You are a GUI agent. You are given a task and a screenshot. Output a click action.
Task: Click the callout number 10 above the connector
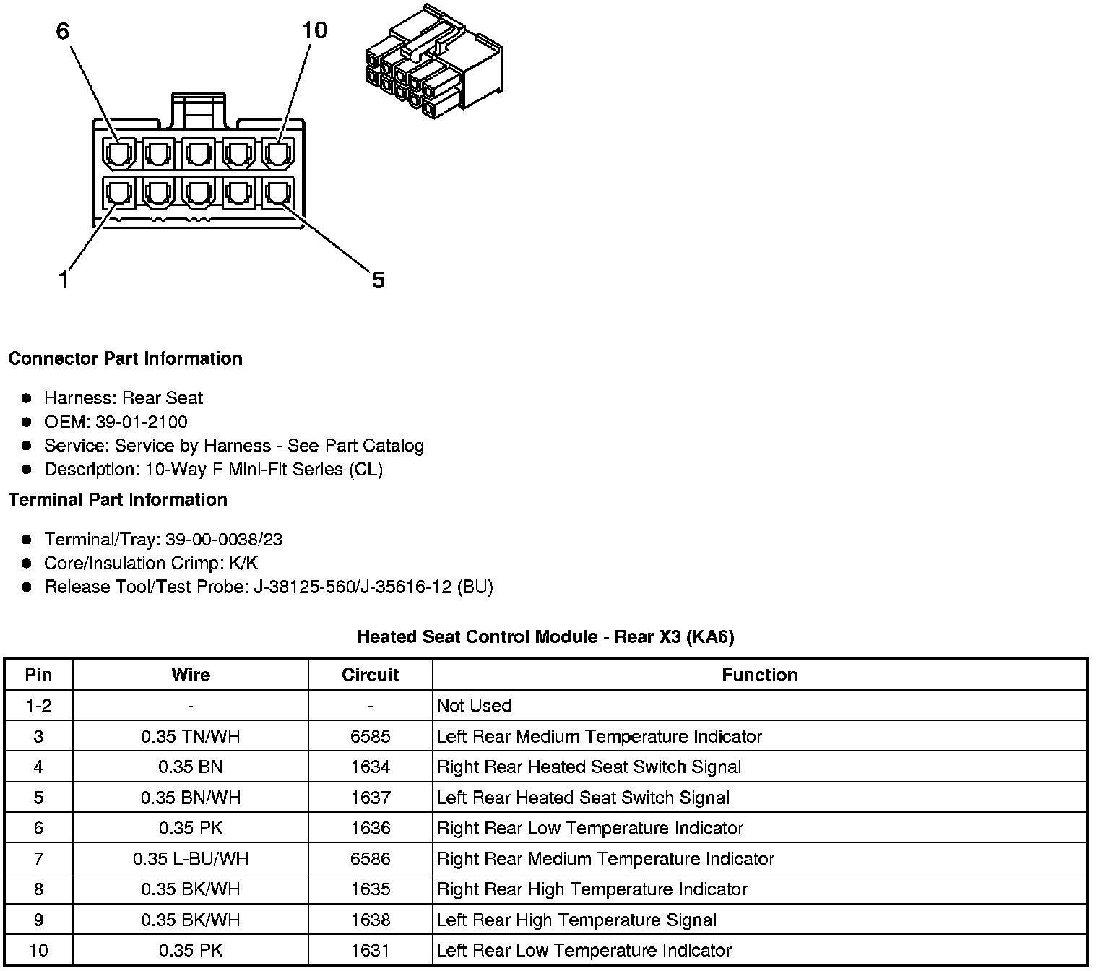click(314, 30)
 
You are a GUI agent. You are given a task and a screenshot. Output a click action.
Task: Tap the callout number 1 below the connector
click(64, 280)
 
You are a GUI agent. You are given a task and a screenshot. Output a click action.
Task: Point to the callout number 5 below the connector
click(378, 280)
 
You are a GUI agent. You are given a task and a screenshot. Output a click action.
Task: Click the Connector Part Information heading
click(125, 359)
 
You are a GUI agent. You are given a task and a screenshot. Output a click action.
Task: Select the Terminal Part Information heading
click(118, 500)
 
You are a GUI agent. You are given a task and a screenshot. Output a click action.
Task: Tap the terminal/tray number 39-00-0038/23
click(224, 540)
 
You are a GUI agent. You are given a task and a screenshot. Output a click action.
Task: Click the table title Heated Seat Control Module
click(545, 637)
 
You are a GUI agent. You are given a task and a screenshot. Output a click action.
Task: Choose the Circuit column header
click(370, 675)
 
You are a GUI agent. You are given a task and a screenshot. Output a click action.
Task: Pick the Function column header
click(759, 675)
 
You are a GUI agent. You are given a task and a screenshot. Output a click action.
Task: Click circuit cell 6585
click(370, 737)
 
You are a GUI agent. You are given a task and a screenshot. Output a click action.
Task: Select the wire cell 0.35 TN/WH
click(191, 737)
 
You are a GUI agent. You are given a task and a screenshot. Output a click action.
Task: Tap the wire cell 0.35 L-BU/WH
click(191, 859)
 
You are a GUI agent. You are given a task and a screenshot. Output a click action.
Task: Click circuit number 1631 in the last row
click(370, 951)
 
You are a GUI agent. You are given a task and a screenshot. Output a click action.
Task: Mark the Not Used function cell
click(474, 706)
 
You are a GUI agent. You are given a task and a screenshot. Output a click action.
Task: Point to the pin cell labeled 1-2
click(38, 706)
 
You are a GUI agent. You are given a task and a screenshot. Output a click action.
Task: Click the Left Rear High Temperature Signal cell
click(576, 920)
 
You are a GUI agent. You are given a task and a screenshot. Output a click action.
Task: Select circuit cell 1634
click(370, 767)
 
